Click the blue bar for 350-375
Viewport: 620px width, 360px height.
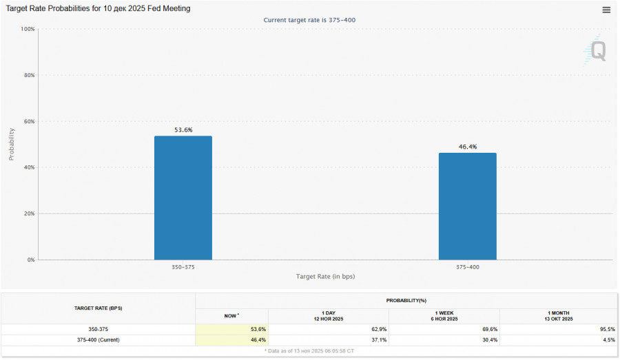click(183, 198)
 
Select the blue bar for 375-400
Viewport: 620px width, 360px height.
click(467, 206)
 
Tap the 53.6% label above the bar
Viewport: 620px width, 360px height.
click(183, 130)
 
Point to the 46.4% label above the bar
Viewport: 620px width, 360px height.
click(467, 147)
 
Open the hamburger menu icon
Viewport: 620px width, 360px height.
click(606, 10)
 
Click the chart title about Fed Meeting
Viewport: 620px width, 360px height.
click(99, 9)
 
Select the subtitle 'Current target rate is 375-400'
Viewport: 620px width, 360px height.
click(309, 20)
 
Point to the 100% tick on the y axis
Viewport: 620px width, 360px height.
click(28, 29)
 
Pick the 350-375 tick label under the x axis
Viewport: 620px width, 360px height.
click(183, 266)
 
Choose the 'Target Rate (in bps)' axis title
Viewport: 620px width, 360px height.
click(325, 276)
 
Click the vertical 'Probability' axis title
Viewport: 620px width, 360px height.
click(12, 144)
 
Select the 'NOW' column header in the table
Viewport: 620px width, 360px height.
click(231, 315)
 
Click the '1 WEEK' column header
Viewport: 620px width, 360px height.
click(444, 315)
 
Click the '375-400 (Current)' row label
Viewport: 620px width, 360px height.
click(97, 339)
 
